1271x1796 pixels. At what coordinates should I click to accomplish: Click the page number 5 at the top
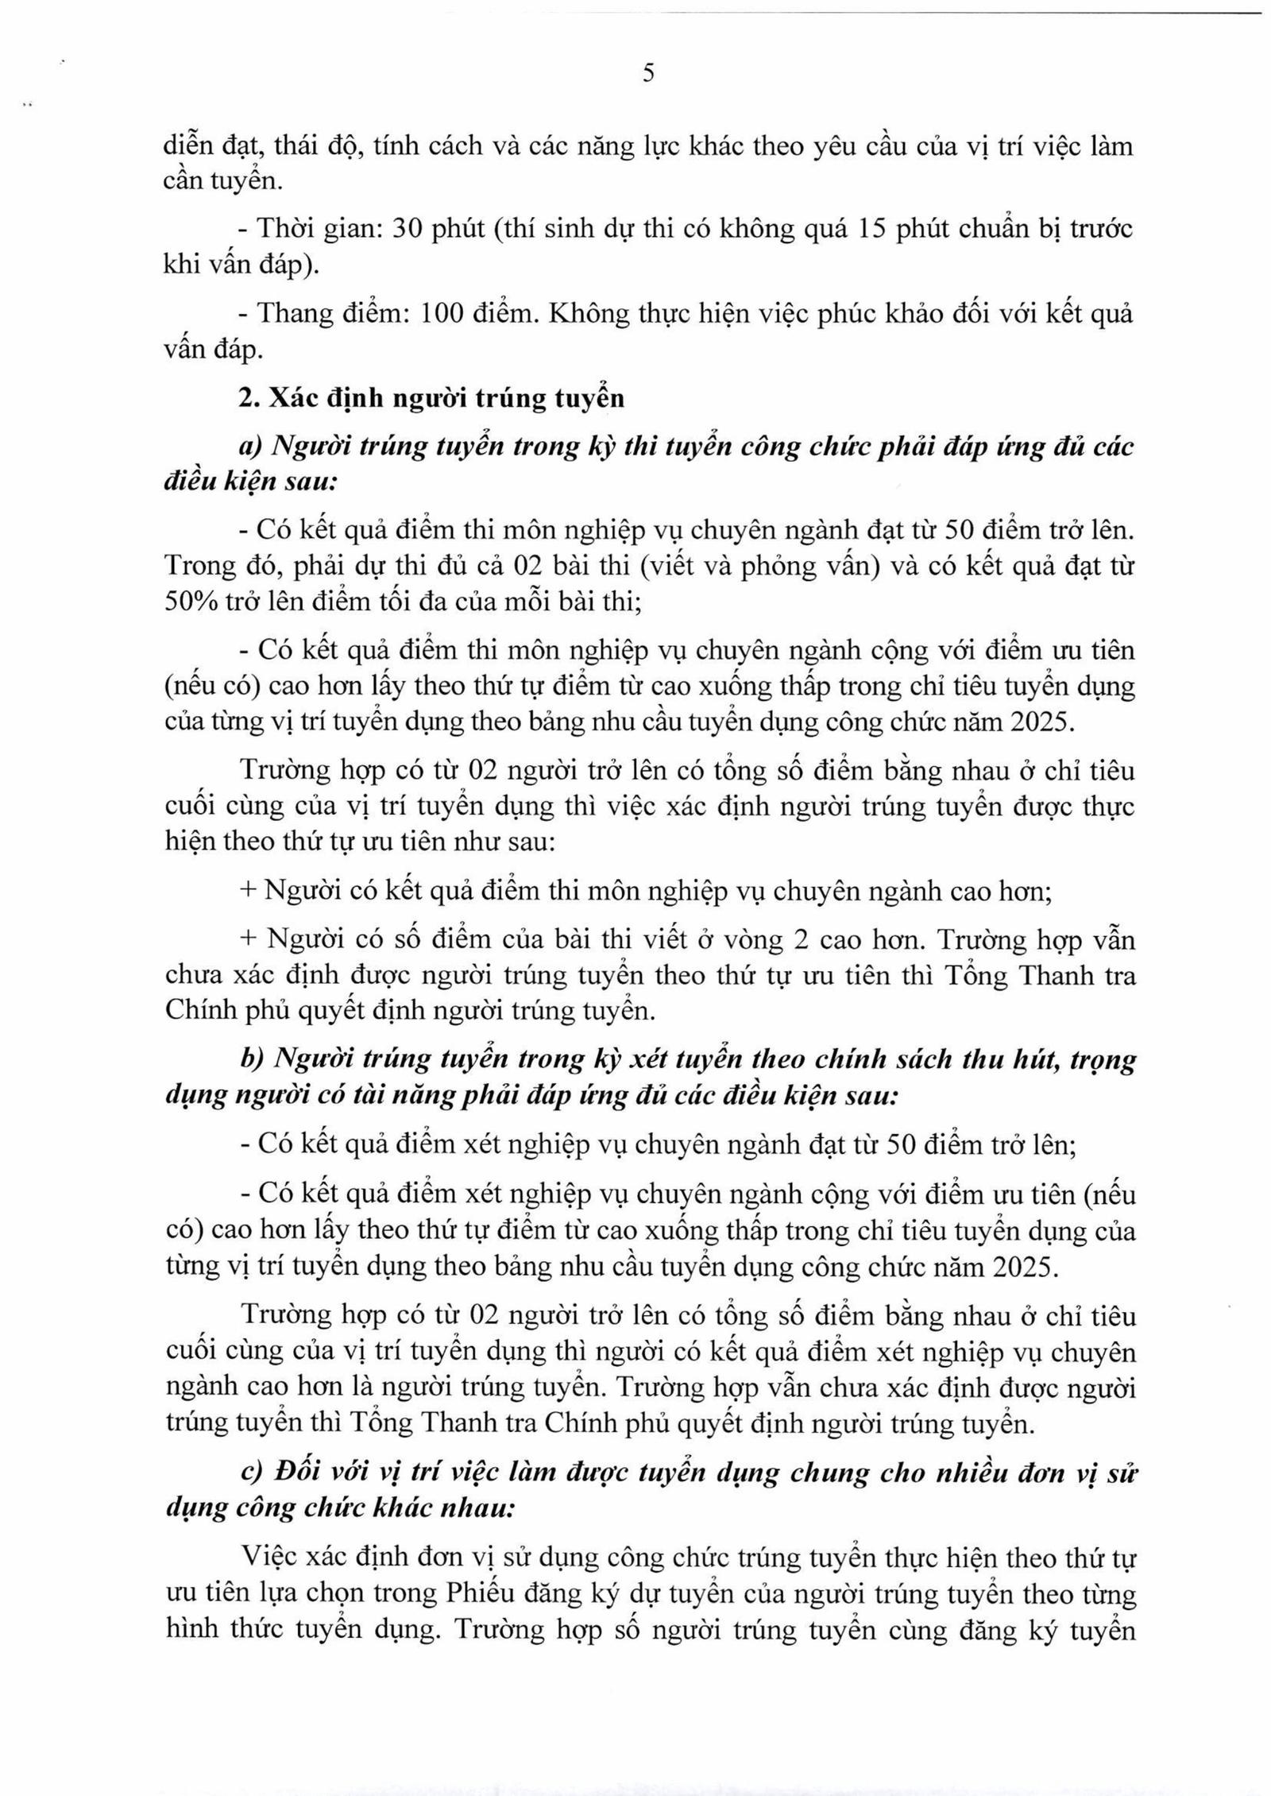click(648, 74)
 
